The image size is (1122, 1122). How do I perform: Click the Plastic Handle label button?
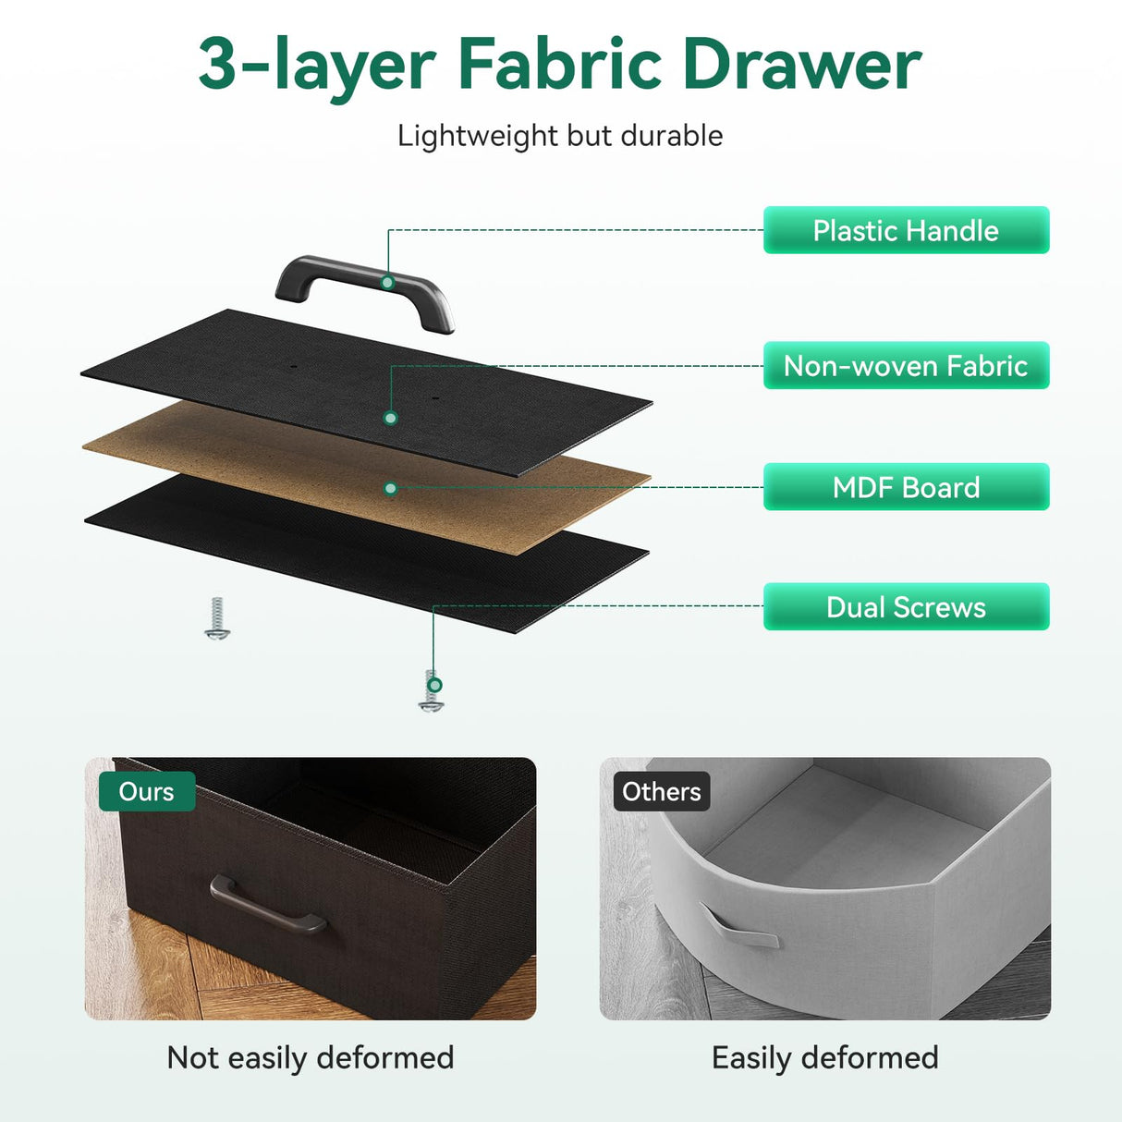tap(906, 230)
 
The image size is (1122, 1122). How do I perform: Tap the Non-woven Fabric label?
tap(906, 366)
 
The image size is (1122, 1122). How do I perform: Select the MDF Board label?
tap(906, 487)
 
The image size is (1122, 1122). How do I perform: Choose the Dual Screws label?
tap(906, 606)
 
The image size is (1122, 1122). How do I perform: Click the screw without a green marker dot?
tap(217, 618)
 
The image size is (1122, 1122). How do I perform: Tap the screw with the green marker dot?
tap(432, 691)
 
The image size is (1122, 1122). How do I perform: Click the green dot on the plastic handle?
tap(387, 283)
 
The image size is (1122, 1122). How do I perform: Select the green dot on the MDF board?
tap(391, 489)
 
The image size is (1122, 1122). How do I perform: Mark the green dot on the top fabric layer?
tap(391, 418)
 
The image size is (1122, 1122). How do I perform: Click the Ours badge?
tap(147, 791)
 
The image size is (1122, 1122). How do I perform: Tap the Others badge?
tap(662, 791)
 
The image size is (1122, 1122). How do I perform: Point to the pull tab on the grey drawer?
tap(738, 927)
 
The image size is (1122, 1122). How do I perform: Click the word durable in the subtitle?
tap(672, 136)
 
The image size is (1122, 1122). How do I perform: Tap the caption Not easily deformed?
tap(311, 1058)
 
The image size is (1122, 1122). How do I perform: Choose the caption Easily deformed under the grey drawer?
tap(825, 1058)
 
